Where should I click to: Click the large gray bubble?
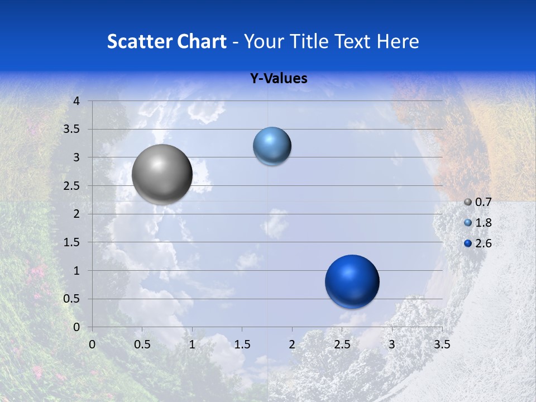coord(162,174)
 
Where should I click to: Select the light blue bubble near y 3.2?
coord(272,146)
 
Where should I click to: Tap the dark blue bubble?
coord(352,281)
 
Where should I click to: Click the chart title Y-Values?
coord(279,79)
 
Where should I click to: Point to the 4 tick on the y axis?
coord(76,101)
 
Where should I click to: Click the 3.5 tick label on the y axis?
coord(72,130)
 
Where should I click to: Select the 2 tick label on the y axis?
coord(76,214)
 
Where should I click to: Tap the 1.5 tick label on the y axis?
coord(72,242)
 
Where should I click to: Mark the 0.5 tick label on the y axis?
coord(72,299)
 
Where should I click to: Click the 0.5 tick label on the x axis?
coord(142,344)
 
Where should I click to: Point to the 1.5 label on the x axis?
coord(242,344)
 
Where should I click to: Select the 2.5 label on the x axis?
coord(342,344)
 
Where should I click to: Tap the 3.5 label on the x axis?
coord(442,344)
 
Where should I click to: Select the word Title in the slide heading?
coord(309,41)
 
